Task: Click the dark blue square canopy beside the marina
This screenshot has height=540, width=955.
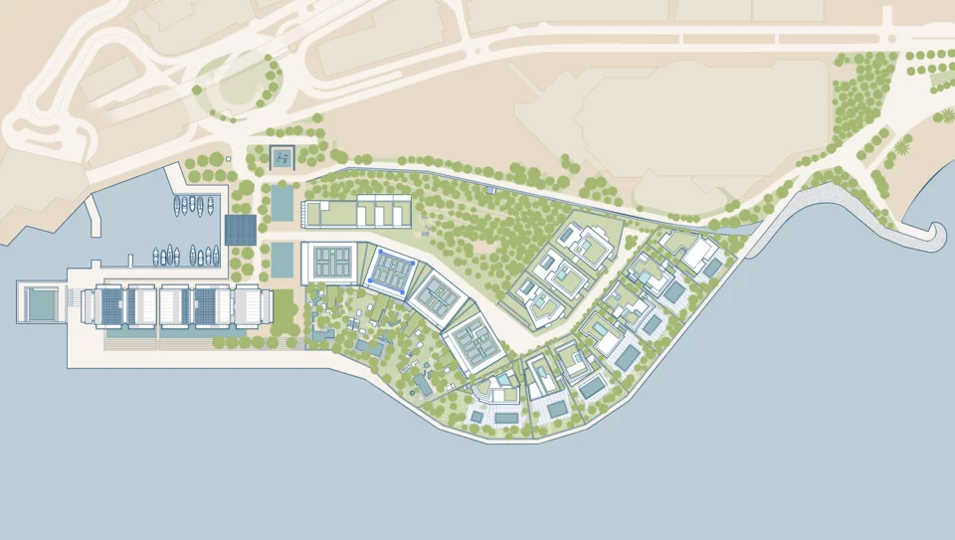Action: (x=241, y=230)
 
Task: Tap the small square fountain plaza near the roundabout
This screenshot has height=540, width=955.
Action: (x=283, y=157)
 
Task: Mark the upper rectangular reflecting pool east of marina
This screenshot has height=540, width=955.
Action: (x=283, y=203)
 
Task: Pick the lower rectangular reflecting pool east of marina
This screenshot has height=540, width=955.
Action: (x=283, y=261)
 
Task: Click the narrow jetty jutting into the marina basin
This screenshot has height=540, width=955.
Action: (x=95, y=214)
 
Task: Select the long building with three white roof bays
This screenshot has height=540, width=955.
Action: (x=356, y=211)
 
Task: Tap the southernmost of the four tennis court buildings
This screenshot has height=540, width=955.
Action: (x=477, y=344)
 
